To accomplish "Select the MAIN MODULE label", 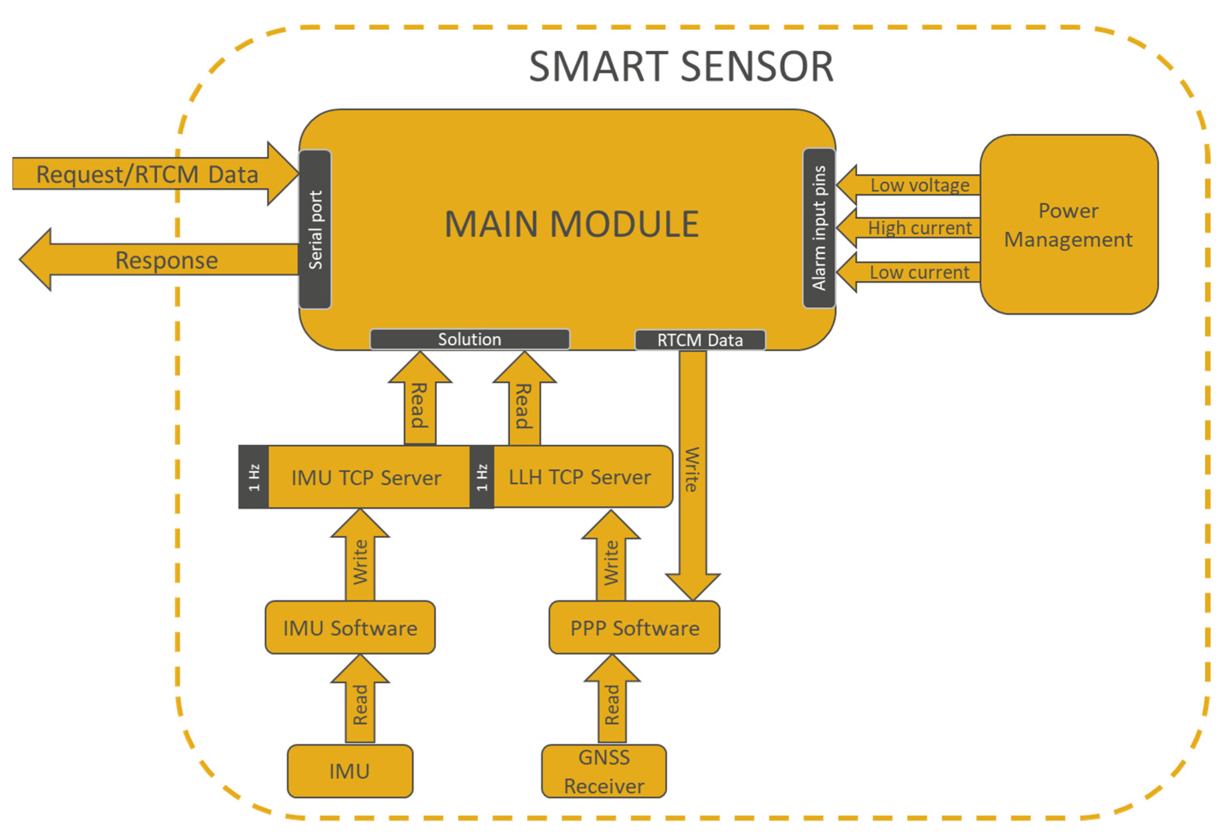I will (x=571, y=224).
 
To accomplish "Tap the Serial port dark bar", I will (x=315, y=230).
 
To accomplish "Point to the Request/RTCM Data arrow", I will (x=147, y=174).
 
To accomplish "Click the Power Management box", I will (x=1069, y=225).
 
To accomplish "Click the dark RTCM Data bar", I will (x=699, y=340).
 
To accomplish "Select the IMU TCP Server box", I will (x=366, y=477).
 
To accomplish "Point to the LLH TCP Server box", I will (x=579, y=477).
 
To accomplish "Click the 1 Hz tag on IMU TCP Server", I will (x=253, y=477).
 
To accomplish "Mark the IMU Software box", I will (x=350, y=627).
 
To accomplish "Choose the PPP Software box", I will (x=634, y=627).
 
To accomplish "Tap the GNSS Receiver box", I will (x=603, y=771).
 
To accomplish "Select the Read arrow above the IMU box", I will (x=360, y=704).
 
